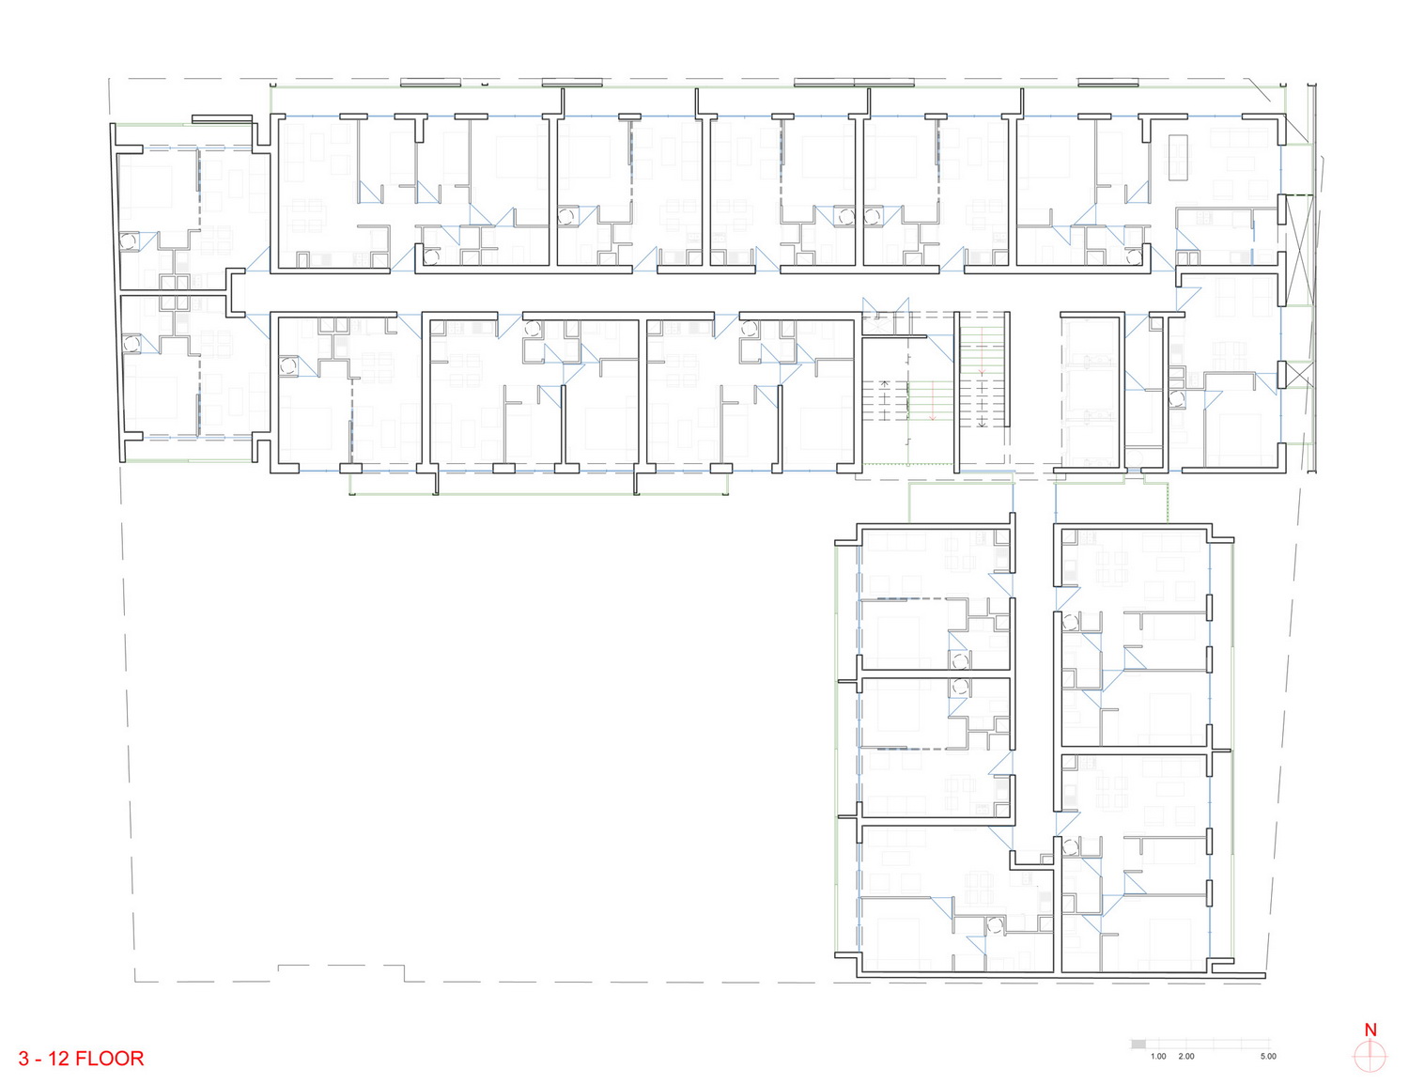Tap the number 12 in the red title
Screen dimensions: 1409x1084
[x=59, y=1058]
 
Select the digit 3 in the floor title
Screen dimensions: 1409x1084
[x=24, y=1058]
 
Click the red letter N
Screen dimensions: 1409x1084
[x=1370, y=1030]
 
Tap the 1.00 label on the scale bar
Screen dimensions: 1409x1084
[x=1158, y=1057]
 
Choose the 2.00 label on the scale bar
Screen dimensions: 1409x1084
[x=1186, y=1057]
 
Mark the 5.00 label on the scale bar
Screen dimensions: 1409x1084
[x=1268, y=1057]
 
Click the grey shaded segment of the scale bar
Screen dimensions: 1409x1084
[x=1138, y=1044]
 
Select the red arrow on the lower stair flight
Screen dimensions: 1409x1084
[x=933, y=401]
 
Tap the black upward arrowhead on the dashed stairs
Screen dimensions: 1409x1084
[x=885, y=384]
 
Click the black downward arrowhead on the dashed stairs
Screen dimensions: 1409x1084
[x=982, y=424]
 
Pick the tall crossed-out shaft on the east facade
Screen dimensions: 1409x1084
[x=1299, y=250]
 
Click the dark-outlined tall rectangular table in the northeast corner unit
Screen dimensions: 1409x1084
[x=1178, y=157]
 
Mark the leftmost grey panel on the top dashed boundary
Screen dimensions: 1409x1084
[x=430, y=83]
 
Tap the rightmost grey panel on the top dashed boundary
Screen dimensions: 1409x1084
[x=1108, y=83]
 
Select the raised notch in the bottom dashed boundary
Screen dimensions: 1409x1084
[x=342, y=966]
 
